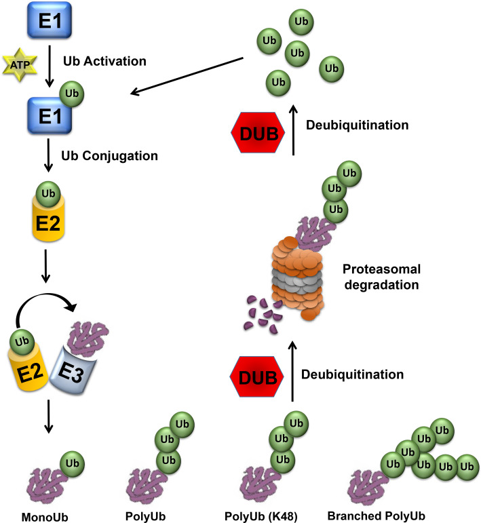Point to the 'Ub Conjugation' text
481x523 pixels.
pyautogui.click(x=119, y=155)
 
